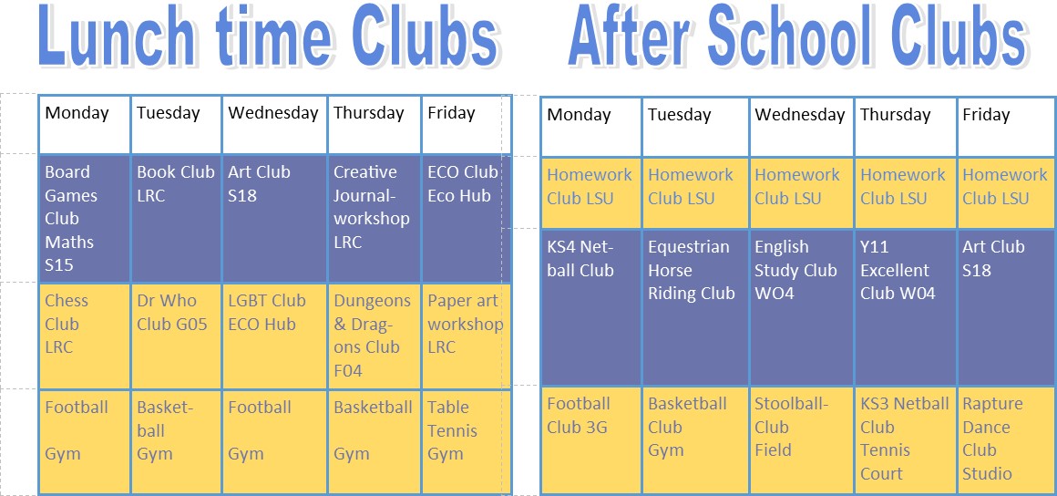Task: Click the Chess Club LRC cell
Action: point(85,336)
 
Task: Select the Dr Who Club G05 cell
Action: point(177,336)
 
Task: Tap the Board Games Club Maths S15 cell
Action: point(85,218)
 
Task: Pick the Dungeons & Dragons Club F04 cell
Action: point(375,336)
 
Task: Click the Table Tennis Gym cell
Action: point(467,441)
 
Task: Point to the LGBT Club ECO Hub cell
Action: point(274,336)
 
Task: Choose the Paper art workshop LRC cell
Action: point(467,336)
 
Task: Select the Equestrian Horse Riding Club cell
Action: point(695,307)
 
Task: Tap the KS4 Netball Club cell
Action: point(591,307)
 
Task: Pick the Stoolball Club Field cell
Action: point(802,440)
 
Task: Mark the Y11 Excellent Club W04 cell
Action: point(906,307)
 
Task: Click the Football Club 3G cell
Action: point(591,440)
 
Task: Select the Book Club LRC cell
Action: point(177,218)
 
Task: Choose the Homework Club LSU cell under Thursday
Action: point(906,193)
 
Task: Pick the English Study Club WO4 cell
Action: point(802,307)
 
